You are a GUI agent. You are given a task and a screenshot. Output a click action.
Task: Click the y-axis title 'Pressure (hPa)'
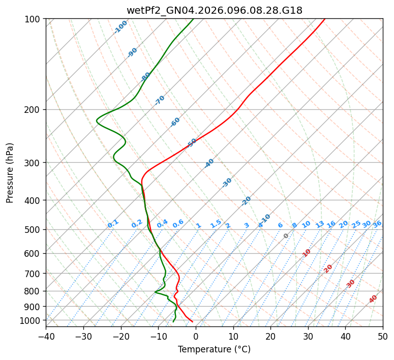(10, 172)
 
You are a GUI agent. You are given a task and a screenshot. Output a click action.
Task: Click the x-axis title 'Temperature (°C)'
(214, 349)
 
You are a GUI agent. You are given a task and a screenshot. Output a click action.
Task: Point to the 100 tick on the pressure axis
(34, 19)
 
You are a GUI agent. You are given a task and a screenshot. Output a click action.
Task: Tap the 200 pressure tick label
(34, 110)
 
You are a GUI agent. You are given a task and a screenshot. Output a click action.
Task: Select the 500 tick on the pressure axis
(34, 230)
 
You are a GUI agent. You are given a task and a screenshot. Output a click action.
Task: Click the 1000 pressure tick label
(32, 320)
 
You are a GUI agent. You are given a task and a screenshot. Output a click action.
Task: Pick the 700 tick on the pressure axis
(34, 274)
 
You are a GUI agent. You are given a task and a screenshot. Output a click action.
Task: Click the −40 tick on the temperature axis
(46, 336)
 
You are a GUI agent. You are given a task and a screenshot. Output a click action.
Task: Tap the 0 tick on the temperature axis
(196, 336)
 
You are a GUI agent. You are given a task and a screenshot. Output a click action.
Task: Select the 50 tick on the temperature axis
(383, 336)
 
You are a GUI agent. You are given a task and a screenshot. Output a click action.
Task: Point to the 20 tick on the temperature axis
(270, 336)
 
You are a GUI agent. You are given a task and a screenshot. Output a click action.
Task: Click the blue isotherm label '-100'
(121, 27)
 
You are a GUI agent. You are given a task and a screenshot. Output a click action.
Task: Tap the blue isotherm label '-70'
(160, 100)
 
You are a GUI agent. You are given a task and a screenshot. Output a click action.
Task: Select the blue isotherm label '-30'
(227, 183)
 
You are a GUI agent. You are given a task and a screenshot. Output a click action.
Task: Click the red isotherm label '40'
(373, 299)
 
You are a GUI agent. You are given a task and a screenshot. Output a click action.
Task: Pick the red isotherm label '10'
(307, 253)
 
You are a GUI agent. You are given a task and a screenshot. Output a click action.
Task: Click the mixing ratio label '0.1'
(113, 223)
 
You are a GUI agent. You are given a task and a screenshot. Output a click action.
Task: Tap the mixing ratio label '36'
(377, 224)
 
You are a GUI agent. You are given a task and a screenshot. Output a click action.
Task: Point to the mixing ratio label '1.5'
(216, 223)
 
